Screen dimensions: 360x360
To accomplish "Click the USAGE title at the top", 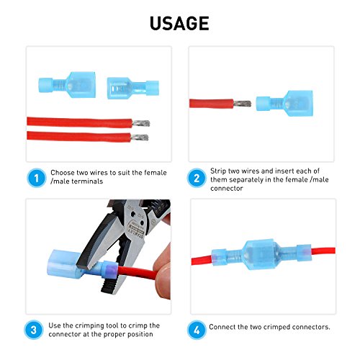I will [x=179, y=23].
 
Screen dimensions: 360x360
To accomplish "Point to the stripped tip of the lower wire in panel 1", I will [x=142, y=137].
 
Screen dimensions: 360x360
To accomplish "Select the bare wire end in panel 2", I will [x=244, y=104].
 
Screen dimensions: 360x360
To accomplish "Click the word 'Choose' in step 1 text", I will [x=62, y=174].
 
